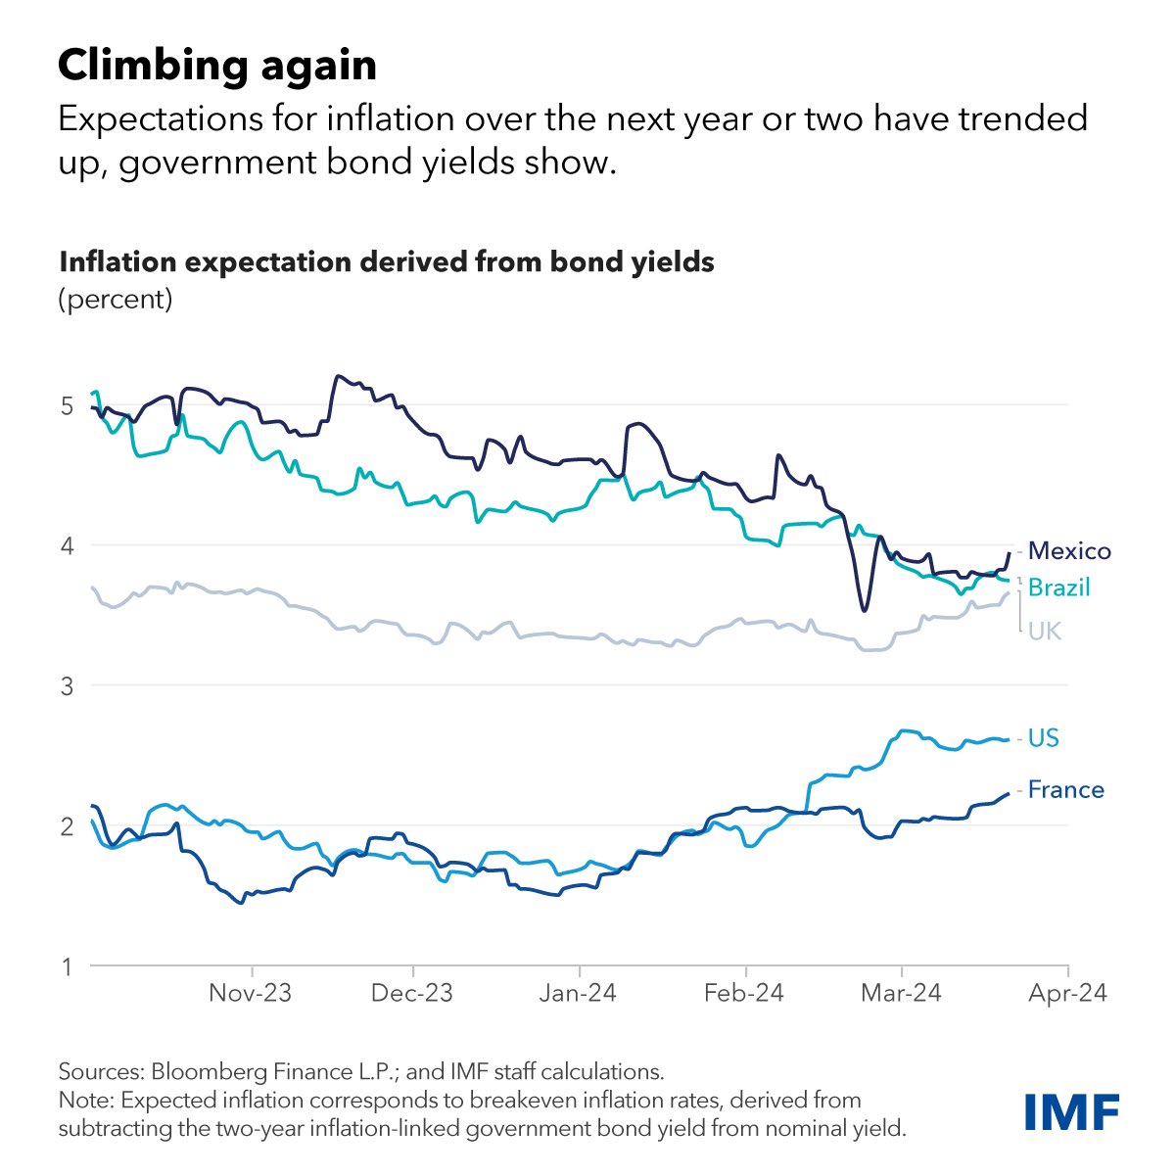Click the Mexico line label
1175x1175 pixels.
tap(1069, 551)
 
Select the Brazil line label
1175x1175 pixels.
tap(1058, 587)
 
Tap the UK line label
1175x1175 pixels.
tap(1044, 632)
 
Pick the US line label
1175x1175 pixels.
tap(1043, 738)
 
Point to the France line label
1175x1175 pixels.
tap(1065, 790)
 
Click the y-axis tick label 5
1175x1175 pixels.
tap(67, 405)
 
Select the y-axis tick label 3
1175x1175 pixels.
tap(67, 685)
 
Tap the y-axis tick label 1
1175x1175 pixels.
tap(67, 967)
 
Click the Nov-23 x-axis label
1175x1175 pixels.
tap(251, 993)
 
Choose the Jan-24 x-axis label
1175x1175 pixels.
tap(578, 993)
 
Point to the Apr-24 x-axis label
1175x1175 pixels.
tap(1067, 993)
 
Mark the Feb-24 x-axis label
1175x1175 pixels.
tap(744, 993)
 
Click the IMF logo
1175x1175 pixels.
tap(1071, 1111)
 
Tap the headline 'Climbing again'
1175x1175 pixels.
tap(217, 66)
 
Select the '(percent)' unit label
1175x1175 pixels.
tap(116, 299)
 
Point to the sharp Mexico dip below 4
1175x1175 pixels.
tap(863, 610)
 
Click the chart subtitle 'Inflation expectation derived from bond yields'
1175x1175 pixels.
tap(387, 262)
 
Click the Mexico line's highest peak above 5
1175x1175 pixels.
tap(338, 376)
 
